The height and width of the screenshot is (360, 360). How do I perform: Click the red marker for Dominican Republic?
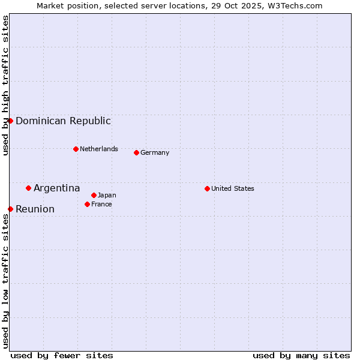(10, 121)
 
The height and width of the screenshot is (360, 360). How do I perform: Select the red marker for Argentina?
(28, 188)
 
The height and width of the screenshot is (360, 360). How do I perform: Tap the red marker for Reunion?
(10, 209)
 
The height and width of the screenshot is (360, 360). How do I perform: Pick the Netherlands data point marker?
(76, 149)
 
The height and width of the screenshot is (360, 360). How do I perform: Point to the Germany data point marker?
(136, 152)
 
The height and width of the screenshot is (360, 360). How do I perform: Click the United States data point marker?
(207, 188)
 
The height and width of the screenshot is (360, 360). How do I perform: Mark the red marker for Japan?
(94, 195)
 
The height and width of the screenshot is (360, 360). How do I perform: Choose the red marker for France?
(87, 204)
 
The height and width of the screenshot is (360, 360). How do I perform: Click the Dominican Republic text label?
(63, 121)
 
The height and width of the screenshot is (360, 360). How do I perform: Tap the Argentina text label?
(56, 188)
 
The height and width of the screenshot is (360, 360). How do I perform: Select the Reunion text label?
(35, 209)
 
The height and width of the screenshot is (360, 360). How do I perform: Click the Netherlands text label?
(99, 149)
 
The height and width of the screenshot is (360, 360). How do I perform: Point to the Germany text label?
(155, 152)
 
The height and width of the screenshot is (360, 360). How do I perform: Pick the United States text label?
(233, 188)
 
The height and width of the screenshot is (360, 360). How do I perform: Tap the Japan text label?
(107, 195)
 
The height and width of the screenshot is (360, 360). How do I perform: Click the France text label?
(101, 204)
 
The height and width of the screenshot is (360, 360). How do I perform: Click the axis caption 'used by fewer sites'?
(62, 355)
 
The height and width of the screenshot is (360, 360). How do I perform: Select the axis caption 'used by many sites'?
(301, 355)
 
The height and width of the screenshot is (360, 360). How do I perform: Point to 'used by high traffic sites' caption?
(5, 85)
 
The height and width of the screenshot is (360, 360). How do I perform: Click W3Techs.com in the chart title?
(295, 5)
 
